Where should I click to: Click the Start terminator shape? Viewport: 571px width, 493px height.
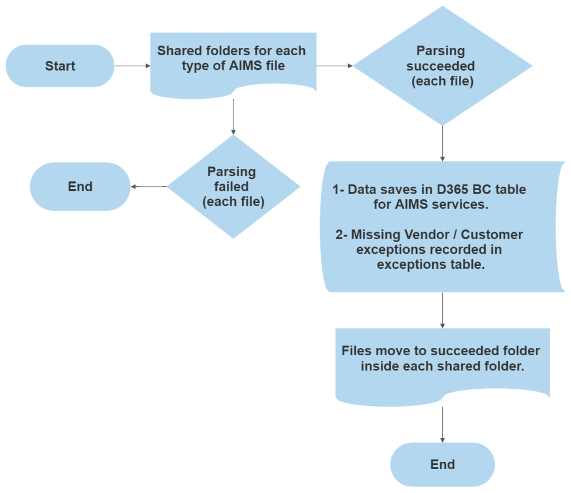pyautogui.click(x=60, y=66)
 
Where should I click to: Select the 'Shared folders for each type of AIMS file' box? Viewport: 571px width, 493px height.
pyautogui.click(x=233, y=61)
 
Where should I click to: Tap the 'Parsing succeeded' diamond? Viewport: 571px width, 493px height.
pyautogui.click(x=442, y=66)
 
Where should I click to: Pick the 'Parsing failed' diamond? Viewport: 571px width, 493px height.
pyautogui.click(x=233, y=186)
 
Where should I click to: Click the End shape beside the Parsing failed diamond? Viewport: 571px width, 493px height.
pyautogui.click(x=80, y=186)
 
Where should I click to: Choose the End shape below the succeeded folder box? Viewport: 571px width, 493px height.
pyautogui.click(x=442, y=465)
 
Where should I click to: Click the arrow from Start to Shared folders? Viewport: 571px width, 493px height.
pyautogui.click(x=133, y=66)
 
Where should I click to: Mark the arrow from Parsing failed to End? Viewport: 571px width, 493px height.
pyautogui.click(x=148, y=186)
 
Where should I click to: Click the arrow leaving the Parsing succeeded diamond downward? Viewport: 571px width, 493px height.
pyautogui.click(x=442, y=143)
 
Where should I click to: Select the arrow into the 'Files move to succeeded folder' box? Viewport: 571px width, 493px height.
pyautogui.click(x=442, y=310)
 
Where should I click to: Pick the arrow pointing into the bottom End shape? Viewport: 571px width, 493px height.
pyautogui.click(x=442, y=424)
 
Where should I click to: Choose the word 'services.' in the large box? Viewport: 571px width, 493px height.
pyautogui.click(x=461, y=204)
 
